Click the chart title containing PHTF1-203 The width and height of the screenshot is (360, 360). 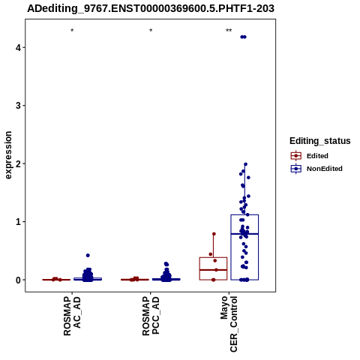(x=151, y=8)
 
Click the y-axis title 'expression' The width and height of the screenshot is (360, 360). (x=8, y=155)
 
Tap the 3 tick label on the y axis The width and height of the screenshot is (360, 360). (x=18, y=106)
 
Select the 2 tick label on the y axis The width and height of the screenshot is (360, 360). (x=18, y=163)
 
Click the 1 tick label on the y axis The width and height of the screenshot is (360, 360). (x=18, y=222)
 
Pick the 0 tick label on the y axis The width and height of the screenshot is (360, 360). (x=18, y=280)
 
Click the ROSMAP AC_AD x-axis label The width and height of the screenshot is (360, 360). (x=72, y=316)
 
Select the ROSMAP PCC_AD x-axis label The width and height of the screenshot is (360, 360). (x=151, y=316)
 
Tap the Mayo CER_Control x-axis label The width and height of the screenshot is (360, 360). (x=229, y=324)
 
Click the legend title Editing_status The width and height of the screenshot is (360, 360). (x=320, y=141)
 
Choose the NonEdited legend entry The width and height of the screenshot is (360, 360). (x=316, y=169)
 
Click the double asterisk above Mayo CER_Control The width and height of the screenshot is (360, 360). (x=229, y=31)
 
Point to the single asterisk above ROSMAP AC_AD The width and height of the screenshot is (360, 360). (x=72, y=31)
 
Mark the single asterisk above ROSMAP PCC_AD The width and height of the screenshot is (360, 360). (x=151, y=31)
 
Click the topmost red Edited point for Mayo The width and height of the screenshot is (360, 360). (x=214, y=234)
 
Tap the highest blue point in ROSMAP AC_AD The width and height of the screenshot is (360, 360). (x=88, y=255)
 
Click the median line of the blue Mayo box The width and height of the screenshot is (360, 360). (x=244, y=234)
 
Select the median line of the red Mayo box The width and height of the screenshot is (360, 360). (x=213, y=270)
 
